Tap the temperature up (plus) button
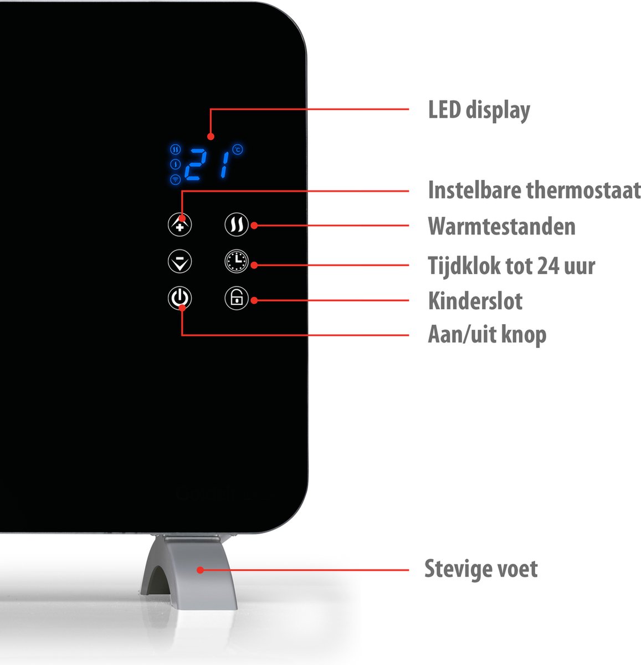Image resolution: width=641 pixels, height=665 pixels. click(180, 224)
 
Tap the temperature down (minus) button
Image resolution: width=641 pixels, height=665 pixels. click(180, 262)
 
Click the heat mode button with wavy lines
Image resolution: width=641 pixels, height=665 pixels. click(237, 224)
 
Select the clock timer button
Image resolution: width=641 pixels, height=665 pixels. click(237, 262)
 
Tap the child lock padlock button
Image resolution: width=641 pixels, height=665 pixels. click(237, 298)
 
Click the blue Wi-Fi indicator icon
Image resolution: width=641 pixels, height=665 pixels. click(175, 180)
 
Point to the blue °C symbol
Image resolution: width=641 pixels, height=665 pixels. click(238, 149)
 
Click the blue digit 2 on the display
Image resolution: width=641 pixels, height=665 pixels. click(196, 165)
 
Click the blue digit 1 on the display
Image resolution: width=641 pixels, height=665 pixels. click(224, 165)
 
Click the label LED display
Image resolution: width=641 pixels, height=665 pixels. click(479, 110)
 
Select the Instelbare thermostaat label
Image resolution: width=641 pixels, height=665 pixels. click(535, 190)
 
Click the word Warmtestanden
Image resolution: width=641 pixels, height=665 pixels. click(501, 226)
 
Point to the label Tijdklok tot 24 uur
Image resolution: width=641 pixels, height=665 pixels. click(511, 266)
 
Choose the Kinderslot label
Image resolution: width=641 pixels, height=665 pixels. click(475, 301)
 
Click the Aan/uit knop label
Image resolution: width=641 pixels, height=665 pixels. click(487, 335)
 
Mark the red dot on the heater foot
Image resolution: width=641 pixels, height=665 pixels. click(200, 570)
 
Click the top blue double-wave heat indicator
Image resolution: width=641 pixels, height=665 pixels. click(175, 149)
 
